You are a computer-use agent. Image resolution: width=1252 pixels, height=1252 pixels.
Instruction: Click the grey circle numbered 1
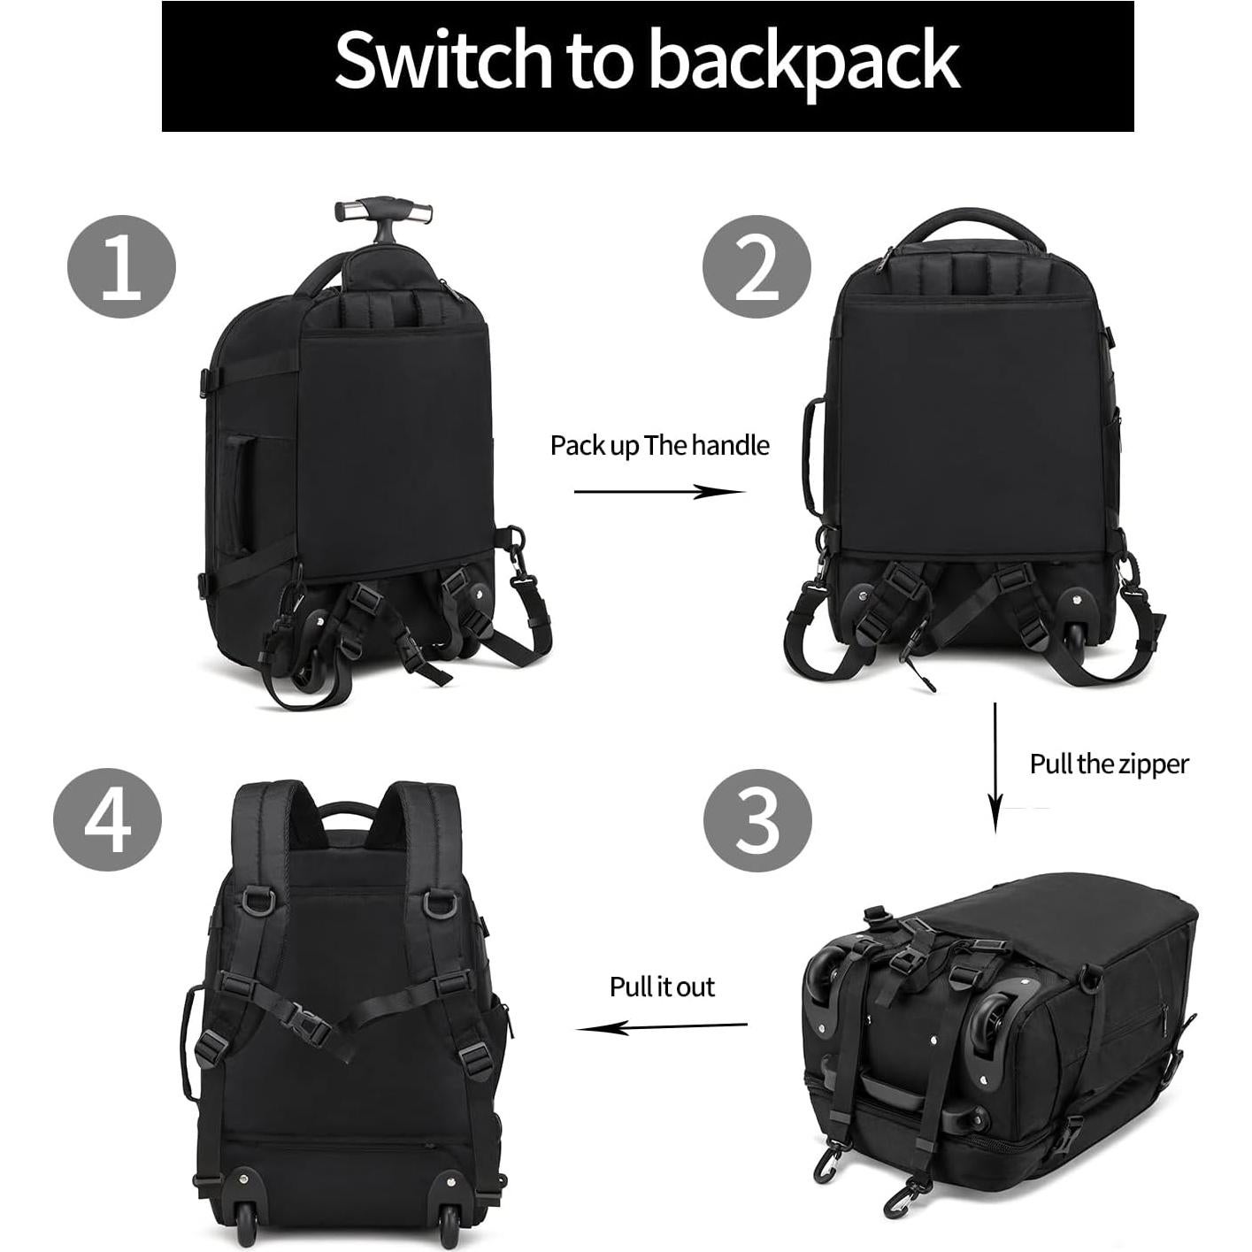122,266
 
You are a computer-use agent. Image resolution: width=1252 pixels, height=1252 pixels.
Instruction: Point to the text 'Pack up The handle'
659,445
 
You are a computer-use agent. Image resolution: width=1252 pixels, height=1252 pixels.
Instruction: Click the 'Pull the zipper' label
1109,764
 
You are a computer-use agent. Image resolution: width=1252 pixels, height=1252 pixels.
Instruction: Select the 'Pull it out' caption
662,987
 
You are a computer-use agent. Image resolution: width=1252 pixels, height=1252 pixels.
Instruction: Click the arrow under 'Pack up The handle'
659,492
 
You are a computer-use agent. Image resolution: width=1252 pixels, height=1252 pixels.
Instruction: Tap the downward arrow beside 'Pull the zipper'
995,766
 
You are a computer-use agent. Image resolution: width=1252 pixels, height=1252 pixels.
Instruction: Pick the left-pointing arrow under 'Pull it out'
662,1027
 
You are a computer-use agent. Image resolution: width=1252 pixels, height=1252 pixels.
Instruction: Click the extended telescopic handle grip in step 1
384,212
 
